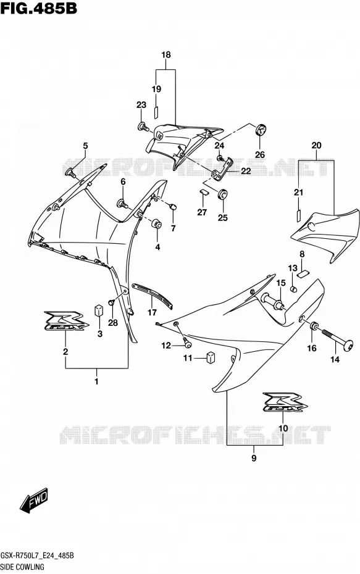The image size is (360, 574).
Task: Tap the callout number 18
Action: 166,55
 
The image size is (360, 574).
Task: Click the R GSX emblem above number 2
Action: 66,321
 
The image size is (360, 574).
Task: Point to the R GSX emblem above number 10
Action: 285,402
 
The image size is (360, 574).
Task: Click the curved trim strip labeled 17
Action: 152,294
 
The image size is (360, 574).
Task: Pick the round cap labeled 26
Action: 261,130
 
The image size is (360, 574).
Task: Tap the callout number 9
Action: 254,457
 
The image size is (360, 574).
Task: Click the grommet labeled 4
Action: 157,223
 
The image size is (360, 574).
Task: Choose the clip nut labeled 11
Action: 211,357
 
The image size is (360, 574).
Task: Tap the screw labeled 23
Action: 143,127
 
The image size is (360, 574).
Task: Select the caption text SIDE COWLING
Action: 23,567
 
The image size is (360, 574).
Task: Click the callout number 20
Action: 316,145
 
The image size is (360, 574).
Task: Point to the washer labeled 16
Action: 314,326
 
